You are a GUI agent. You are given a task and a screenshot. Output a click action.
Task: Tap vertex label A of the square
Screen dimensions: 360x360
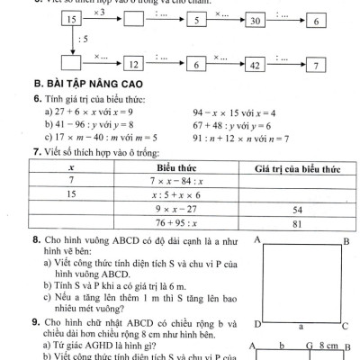pos(257,240)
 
